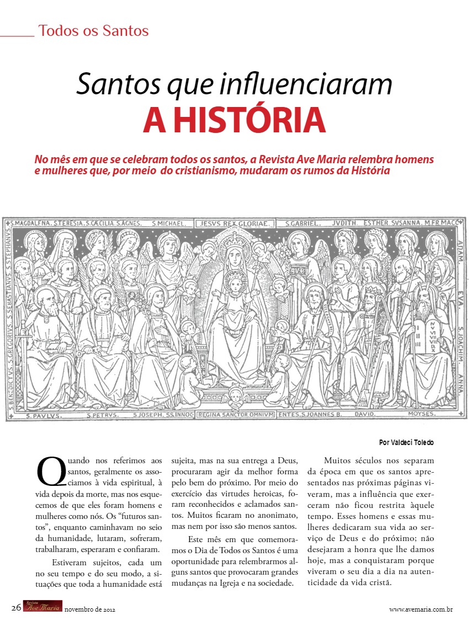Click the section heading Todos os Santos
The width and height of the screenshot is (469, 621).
93,31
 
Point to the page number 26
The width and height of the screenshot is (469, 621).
16,608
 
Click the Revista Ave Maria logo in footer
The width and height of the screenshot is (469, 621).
42,606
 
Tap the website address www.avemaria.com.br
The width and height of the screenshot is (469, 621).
421,609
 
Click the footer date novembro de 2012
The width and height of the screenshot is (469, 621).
89,609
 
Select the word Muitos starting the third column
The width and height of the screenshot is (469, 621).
338,460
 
